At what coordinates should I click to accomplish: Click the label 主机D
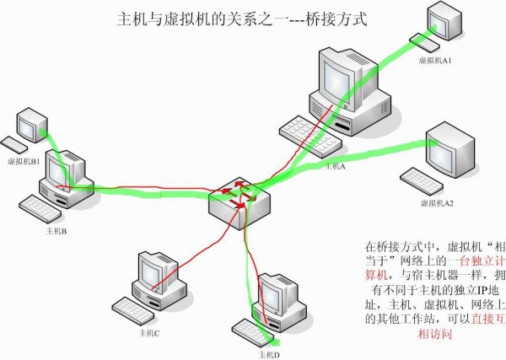tap(269, 353)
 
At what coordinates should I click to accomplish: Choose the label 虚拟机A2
tap(437, 203)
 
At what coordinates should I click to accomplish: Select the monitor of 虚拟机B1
tap(32, 126)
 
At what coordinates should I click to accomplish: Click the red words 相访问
tap(436, 335)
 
